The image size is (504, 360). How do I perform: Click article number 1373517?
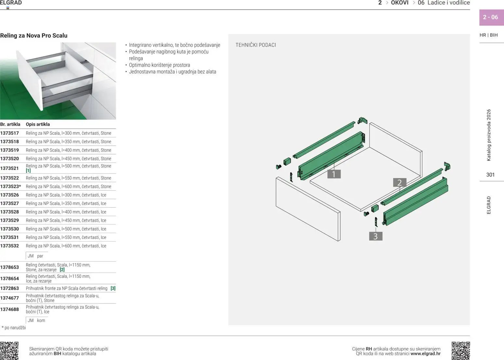tap(9, 133)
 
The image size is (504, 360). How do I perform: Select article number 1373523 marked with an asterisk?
tap(11, 186)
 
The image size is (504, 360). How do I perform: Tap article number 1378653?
tap(9, 267)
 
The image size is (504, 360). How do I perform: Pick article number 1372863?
tap(9, 288)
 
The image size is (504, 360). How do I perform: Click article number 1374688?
tap(9, 309)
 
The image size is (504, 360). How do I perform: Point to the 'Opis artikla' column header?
tap(38, 124)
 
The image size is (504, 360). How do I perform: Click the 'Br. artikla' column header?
tap(10, 124)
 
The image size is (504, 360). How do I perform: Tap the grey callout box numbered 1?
tap(334, 174)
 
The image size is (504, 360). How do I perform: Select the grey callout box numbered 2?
tap(400, 182)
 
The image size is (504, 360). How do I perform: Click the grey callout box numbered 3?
tap(376, 236)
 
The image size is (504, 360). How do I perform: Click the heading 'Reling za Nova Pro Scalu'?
tap(34, 35)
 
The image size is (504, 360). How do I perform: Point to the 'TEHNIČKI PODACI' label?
tap(256, 45)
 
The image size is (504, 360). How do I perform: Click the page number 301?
tap(490, 175)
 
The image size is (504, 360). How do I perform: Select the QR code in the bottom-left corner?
tap(9, 351)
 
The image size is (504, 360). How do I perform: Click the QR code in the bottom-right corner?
tap(461, 351)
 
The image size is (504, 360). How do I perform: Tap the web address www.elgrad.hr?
tap(426, 354)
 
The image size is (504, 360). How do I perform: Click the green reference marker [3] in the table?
tap(113, 288)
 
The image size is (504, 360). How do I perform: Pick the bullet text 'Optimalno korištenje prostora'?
tap(159, 65)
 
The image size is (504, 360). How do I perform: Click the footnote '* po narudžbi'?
tap(14, 328)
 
